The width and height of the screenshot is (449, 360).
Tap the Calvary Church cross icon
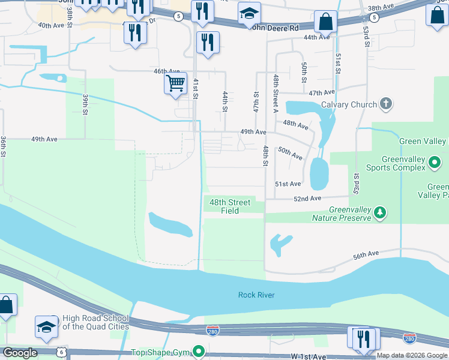(x=386, y=104)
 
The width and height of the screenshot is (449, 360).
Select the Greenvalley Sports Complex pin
(x=435, y=162)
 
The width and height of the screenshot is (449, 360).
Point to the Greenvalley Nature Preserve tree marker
(x=379, y=212)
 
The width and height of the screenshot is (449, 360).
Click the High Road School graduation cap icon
(x=46, y=326)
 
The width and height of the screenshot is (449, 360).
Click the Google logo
(x=20, y=353)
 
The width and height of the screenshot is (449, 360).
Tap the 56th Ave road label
(x=367, y=255)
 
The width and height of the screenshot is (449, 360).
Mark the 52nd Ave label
(x=307, y=198)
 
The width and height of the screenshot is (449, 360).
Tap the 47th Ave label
(x=321, y=93)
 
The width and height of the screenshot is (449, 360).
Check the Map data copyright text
(x=412, y=356)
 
